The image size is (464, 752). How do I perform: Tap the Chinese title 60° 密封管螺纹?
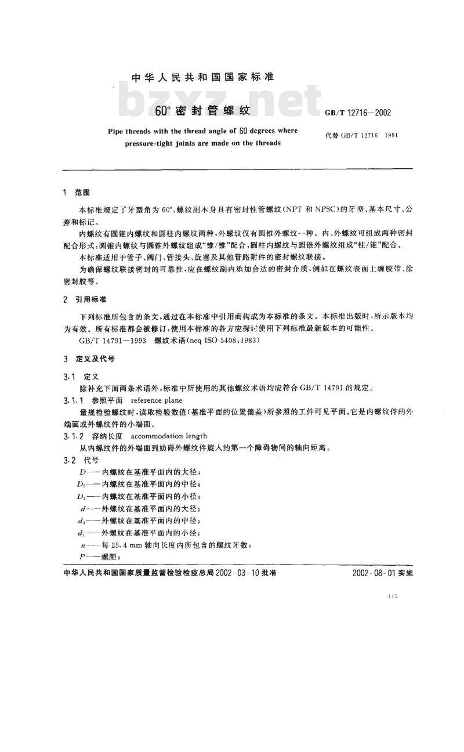(202, 110)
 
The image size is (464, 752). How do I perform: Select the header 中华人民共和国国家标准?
(203, 77)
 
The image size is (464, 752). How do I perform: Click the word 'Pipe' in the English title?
(117, 131)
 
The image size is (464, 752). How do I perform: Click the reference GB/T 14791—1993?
(110, 342)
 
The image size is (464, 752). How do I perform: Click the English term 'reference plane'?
(157, 400)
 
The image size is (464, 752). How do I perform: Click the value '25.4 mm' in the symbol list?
(121, 545)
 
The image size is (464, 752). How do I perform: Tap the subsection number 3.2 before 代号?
(68, 460)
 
